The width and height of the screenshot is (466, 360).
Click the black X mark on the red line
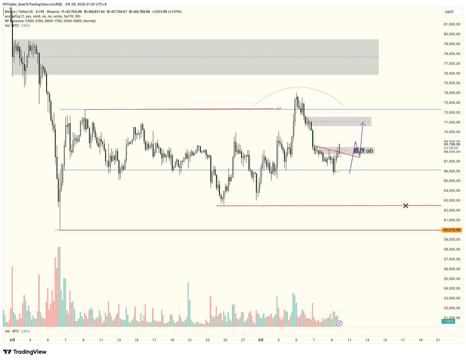[406, 205]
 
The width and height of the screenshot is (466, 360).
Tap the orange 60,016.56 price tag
[452, 230]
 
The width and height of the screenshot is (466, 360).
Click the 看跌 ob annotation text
[363, 150]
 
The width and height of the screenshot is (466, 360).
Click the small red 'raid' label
[278, 109]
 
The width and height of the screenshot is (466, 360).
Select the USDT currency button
[449, 12]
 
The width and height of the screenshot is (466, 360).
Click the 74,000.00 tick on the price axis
[452, 93]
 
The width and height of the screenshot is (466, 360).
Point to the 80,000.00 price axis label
[452, 34]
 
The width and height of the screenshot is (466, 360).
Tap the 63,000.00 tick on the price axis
[452, 200]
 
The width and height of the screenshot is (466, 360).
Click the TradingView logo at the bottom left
[25, 352]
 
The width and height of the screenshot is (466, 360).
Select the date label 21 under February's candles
[190, 340]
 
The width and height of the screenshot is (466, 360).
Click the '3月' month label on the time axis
[261, 340]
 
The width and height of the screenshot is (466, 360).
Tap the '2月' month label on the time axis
[12, 340]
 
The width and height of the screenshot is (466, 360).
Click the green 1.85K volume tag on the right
[448, 322]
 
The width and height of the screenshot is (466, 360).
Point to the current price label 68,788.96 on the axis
[452, 144]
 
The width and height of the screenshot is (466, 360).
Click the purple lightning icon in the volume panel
[339, 323]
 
